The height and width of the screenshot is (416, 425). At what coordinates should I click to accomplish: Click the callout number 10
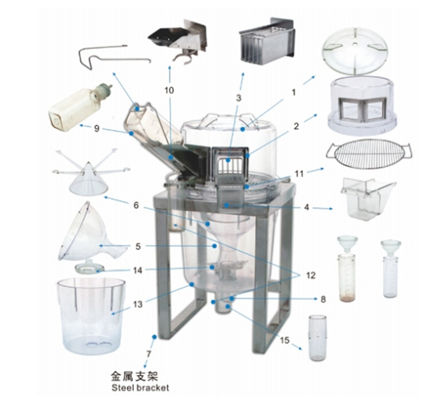169,90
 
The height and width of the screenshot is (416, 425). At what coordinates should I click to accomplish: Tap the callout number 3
238,98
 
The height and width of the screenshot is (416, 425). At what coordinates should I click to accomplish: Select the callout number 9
96,128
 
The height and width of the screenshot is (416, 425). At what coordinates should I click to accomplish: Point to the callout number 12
311,275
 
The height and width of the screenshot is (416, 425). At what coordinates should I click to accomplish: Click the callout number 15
285,340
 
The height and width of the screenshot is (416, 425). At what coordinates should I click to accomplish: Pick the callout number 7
148,354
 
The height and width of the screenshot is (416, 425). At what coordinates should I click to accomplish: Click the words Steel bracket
140,387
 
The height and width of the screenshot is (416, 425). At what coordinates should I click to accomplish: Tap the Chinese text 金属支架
135,377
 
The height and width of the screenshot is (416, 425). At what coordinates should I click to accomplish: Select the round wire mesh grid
369,154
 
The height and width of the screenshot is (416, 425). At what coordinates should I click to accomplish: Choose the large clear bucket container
91,315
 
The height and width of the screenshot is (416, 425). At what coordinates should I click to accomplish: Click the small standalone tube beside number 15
317,338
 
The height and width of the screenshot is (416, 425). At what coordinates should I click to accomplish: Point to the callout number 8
323,299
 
